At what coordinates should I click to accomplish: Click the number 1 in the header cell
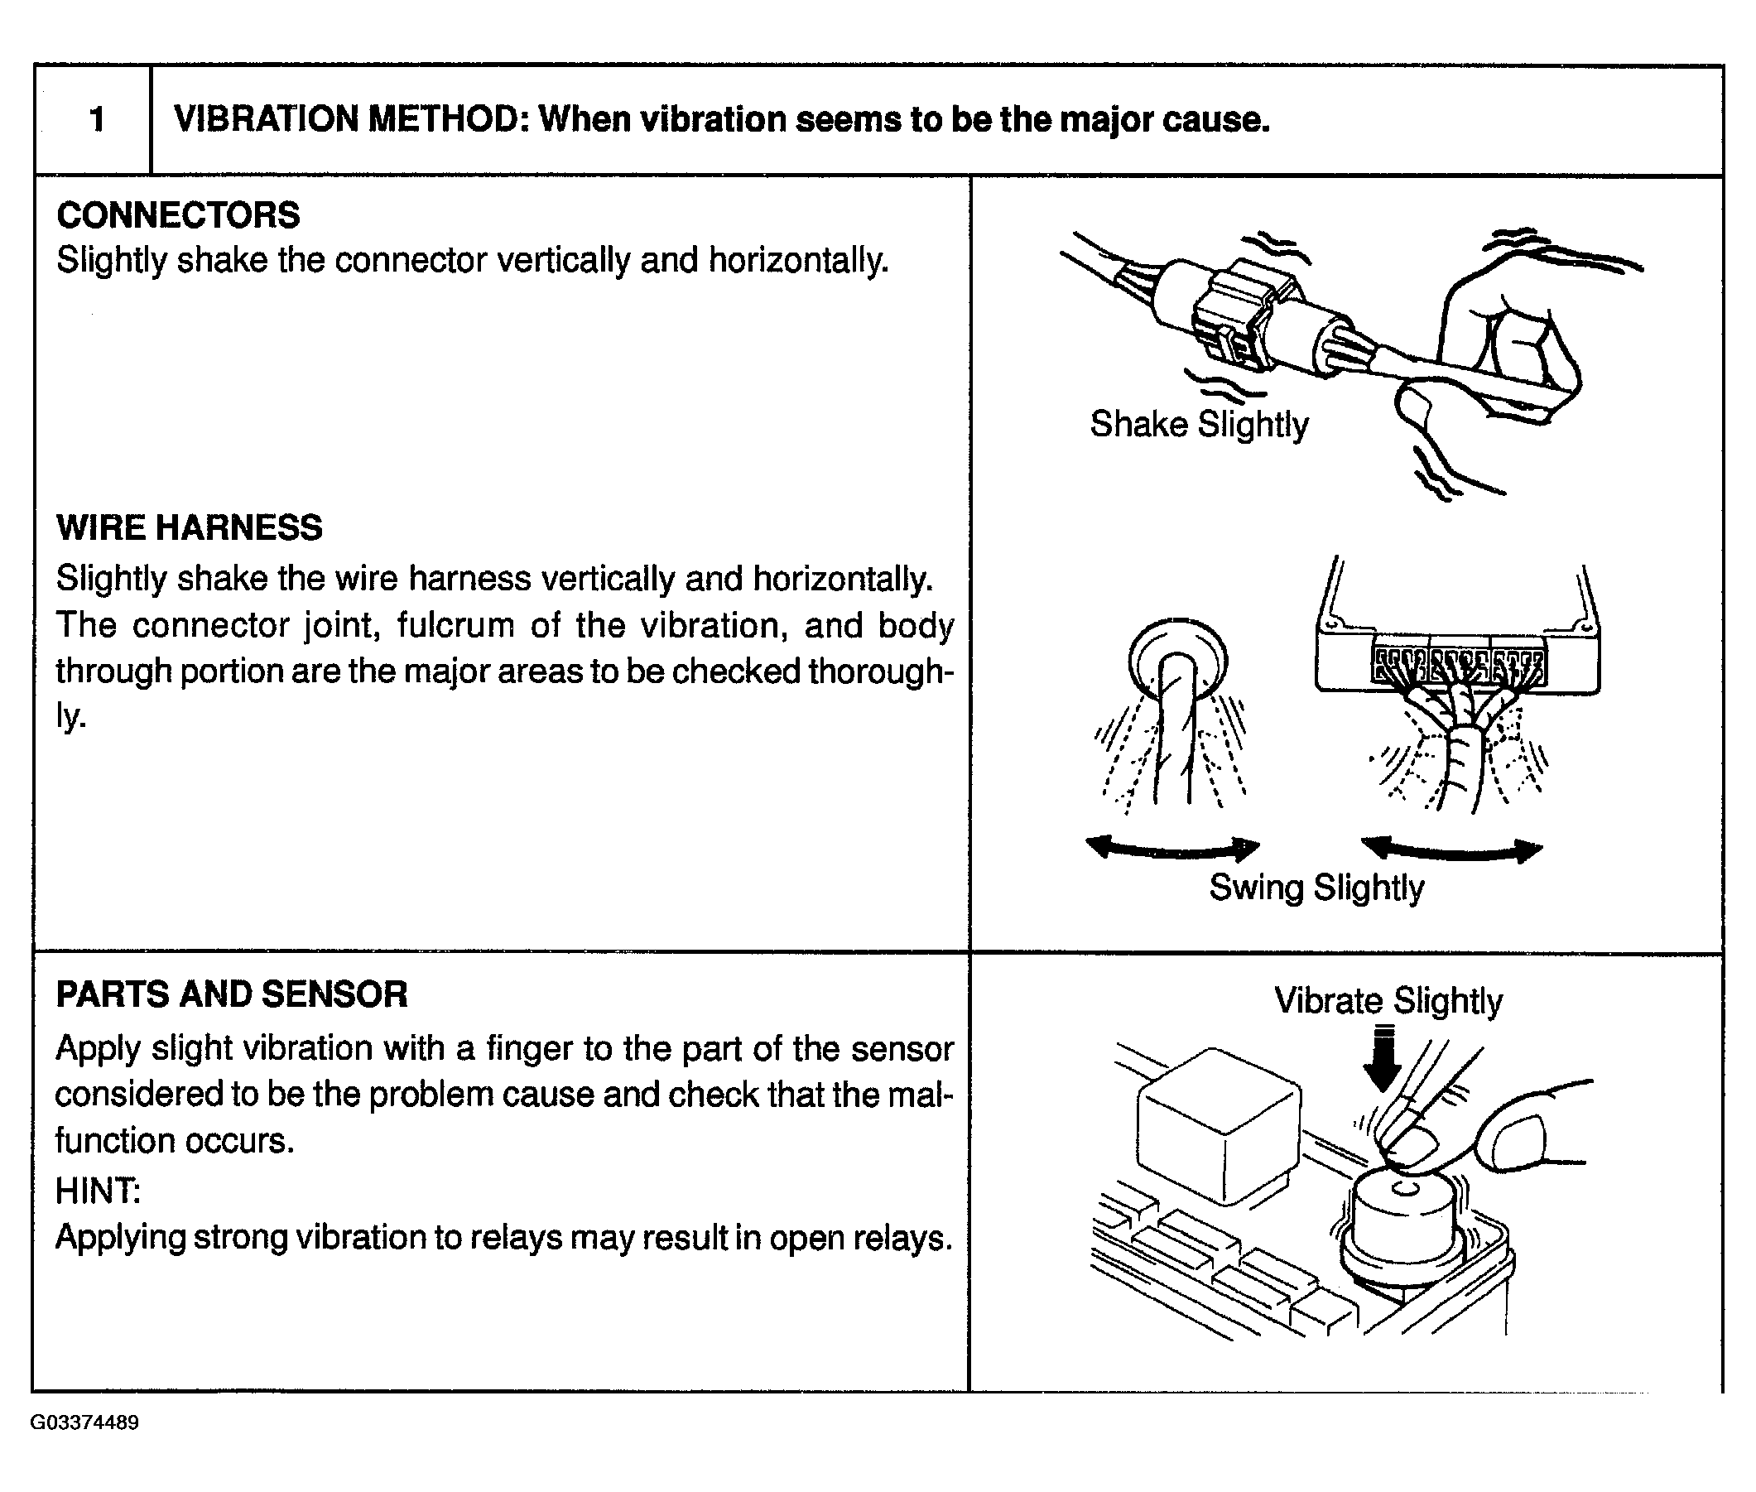click(96, 119)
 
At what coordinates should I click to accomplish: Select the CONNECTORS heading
click(178, 214)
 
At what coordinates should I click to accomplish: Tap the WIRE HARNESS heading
click(190, 527)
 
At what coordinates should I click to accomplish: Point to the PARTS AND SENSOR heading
click(232, 994)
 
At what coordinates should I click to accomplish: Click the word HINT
click(97, 1191)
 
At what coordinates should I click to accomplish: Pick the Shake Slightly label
click(1199, 424)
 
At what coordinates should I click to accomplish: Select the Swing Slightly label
click(1316, 888)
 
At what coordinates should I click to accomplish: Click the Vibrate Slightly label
click(1388, 1000)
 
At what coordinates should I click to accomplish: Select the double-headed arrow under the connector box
click(1451, 849)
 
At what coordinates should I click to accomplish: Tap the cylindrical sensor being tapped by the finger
click(1404, 1218)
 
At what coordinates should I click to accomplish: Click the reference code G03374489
click(84, 1422)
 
